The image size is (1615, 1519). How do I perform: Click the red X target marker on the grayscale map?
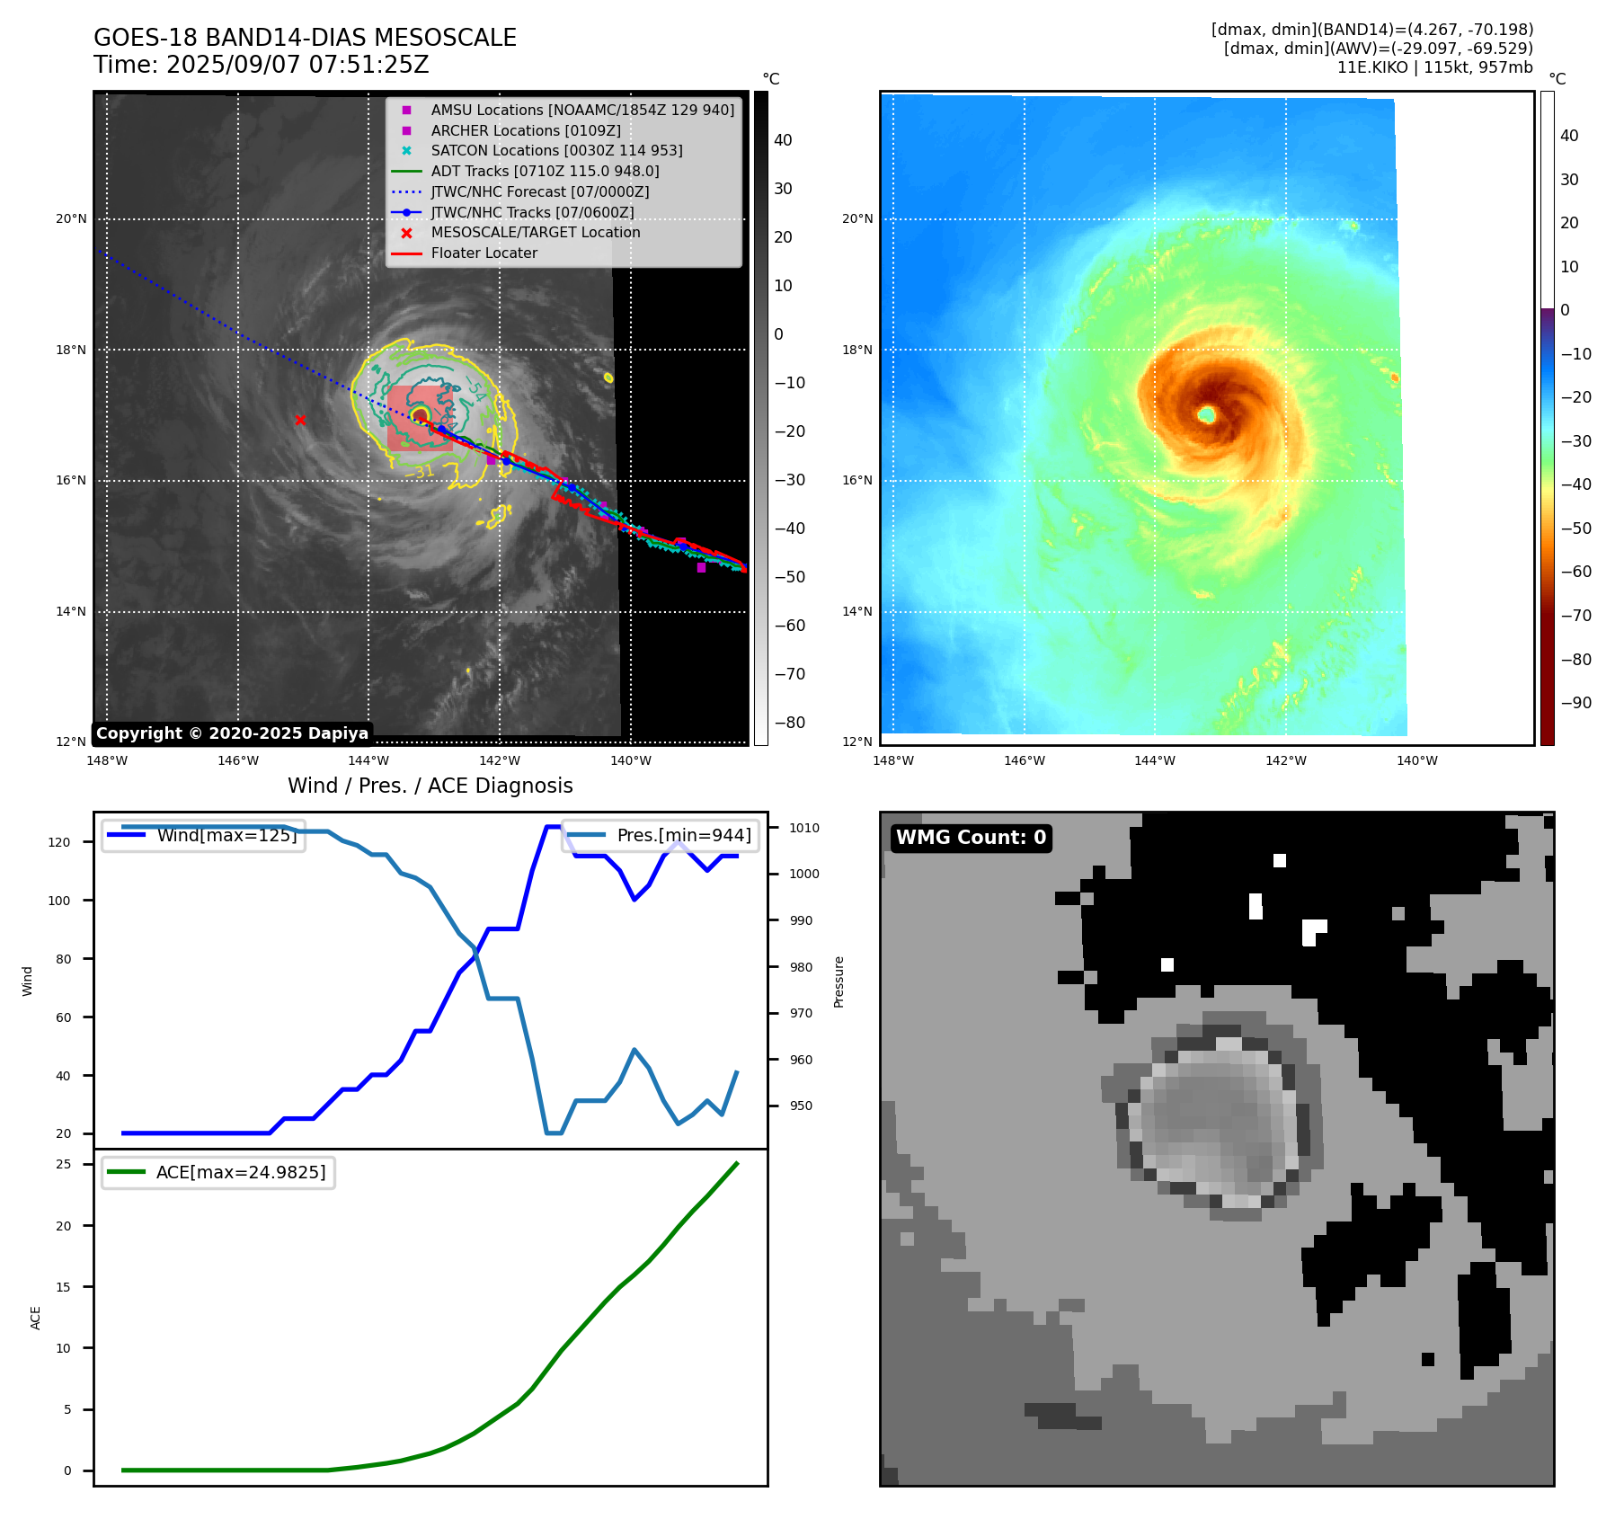(x=300, y=420)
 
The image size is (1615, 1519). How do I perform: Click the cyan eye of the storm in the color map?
(x=1206, y=414)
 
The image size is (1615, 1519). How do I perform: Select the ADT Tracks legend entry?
(x=545, y=171)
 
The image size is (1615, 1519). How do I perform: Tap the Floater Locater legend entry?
(x=484, y=253)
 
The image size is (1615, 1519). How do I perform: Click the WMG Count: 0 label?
(x=971, y=838)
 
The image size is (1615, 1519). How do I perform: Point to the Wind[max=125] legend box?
(x=203, y=835)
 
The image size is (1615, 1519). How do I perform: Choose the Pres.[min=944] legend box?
(x=661, y=835)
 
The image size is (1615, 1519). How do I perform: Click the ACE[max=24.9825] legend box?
(x=218, y=1172)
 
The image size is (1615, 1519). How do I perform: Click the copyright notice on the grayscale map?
(x=232, y=733)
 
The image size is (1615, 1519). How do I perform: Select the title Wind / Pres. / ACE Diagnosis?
(x=430, y=786)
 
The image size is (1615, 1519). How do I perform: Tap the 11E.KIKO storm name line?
(x=1434, y=67)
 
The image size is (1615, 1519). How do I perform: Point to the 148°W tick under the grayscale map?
(x=107, y=760)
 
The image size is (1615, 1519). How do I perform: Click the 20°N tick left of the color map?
(x=857, y=218)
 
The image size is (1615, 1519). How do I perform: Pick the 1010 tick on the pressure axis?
(x=804, y=828)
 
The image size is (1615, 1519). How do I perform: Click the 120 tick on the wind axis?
(x=58, y=842)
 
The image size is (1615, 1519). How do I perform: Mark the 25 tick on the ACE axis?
(x=63, y=1164)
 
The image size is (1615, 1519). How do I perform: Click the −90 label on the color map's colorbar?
(x=1575, y=703)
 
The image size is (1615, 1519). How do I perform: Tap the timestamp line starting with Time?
(x=262, y=66)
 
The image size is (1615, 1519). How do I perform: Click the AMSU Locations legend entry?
(x=581, y=110)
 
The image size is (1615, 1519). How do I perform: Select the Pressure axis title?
(x=839, y=982)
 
